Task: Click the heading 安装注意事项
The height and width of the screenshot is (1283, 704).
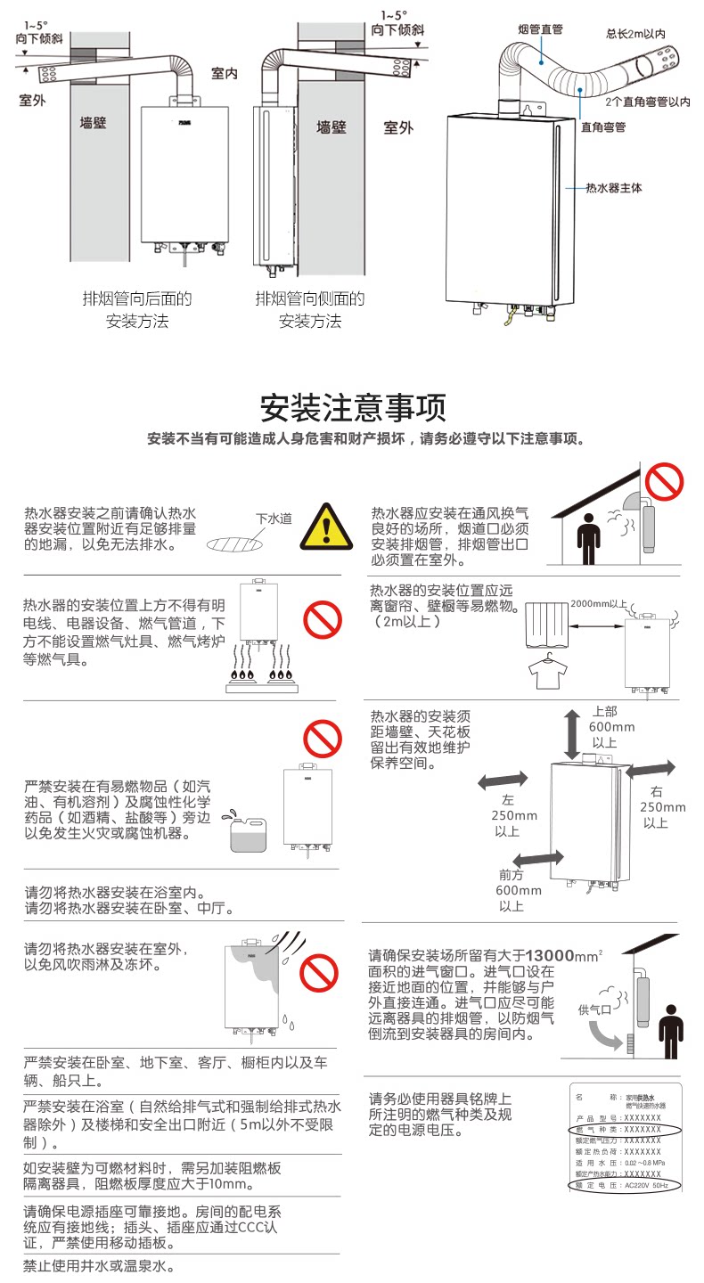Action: (352, 408)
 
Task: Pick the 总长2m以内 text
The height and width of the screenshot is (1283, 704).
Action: (636, 34)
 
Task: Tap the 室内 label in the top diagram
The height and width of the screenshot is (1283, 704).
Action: (225, 73)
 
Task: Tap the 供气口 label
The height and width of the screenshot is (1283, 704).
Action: (594, 1009)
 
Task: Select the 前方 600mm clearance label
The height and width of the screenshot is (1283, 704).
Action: (519, 890)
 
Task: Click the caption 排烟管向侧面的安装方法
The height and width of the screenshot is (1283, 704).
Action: (310, 309)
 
